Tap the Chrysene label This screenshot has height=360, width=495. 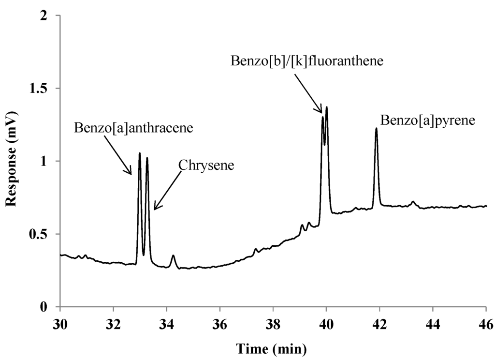[x=206, y=165]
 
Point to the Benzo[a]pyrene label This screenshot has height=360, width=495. [x=428, y=120]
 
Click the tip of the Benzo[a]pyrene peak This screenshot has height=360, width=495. [x=376, y=129]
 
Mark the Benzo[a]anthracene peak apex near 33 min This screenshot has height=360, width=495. [x=140, y=153]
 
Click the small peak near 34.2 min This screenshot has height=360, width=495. [x=173, y=255]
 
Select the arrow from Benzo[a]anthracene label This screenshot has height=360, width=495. [x=119, y=154]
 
